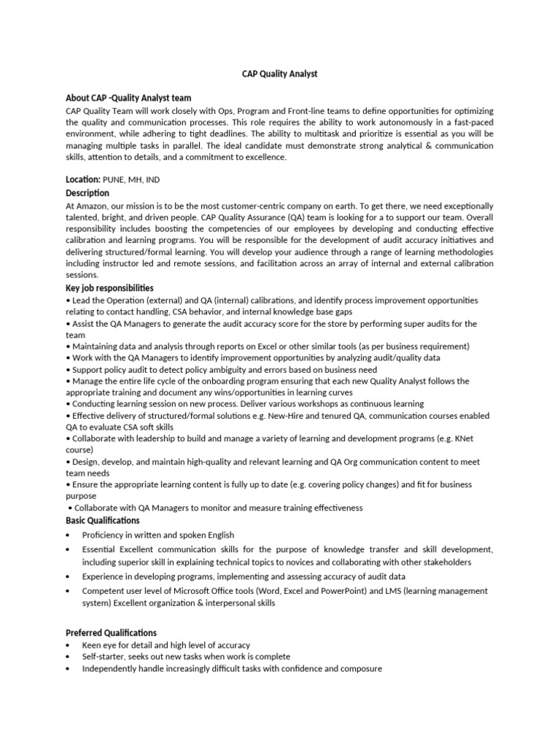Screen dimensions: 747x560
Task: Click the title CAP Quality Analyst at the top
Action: coord(280,74)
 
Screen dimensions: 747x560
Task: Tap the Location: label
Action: coord(82,179)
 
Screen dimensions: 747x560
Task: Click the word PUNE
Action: coord(114,179)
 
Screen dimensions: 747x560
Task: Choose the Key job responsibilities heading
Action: coord(109,288)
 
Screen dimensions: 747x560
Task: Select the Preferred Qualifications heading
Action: coord(111,632)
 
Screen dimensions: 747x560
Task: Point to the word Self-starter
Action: coord(106,657)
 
